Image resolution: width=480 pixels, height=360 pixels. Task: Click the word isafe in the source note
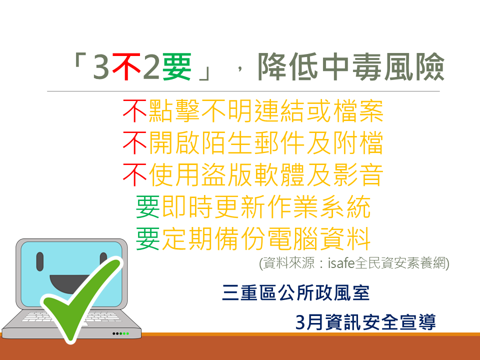341,263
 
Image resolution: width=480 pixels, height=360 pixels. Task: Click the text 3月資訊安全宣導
365,321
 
